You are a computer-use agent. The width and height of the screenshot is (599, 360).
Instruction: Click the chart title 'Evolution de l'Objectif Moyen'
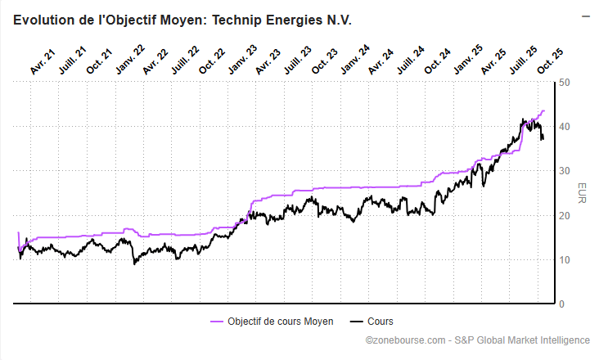[182, 20]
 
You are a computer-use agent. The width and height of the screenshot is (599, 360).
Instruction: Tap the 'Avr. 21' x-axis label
[42, 62]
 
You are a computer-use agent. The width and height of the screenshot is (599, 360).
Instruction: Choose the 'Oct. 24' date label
[438, 62]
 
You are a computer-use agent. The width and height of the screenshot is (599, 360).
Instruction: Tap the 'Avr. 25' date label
[493, 62]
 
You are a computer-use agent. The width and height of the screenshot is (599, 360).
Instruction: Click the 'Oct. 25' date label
[550, 62]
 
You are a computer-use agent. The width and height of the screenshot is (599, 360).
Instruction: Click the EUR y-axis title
[581, 193]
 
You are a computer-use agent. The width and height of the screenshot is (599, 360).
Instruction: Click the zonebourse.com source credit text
[477, 340]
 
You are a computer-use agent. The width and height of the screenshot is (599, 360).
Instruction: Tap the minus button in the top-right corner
[585, 16]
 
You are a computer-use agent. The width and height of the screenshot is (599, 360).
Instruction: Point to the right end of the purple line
[544, 110]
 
